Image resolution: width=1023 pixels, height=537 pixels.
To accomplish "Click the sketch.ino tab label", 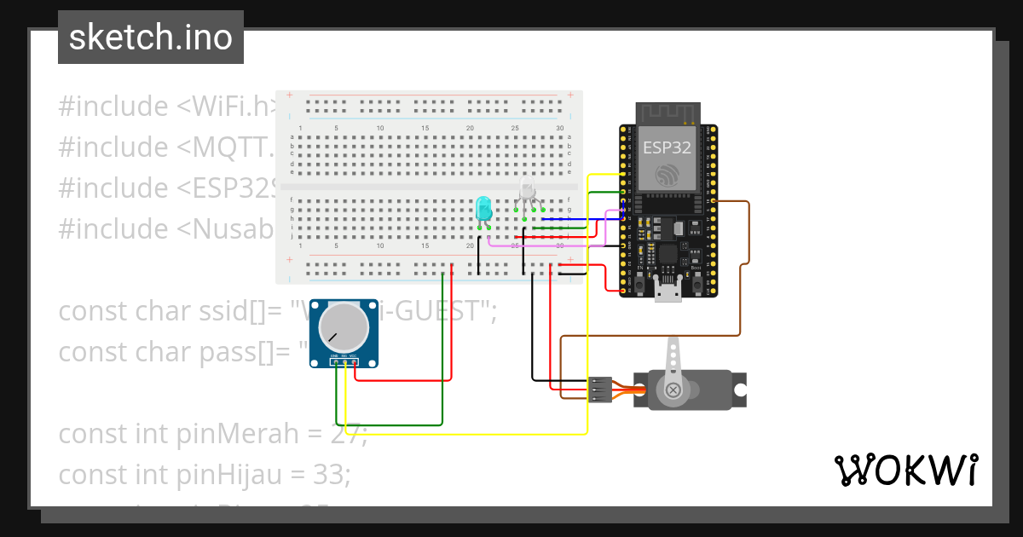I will pos(151,38).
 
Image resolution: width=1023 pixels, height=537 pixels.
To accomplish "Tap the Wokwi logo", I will pos(905,470).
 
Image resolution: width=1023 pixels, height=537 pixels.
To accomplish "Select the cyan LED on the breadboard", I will pos(483,208).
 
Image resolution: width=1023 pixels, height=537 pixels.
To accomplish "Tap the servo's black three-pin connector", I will pos(600,389).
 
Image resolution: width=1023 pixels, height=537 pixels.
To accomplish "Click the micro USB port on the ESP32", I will pos(668,293).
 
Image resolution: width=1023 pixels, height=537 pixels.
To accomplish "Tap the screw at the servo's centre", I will pos(673,390).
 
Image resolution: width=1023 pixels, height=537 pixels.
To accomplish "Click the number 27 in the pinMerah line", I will pos(348,434).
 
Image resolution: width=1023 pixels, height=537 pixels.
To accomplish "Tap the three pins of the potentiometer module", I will pos(344,362).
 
